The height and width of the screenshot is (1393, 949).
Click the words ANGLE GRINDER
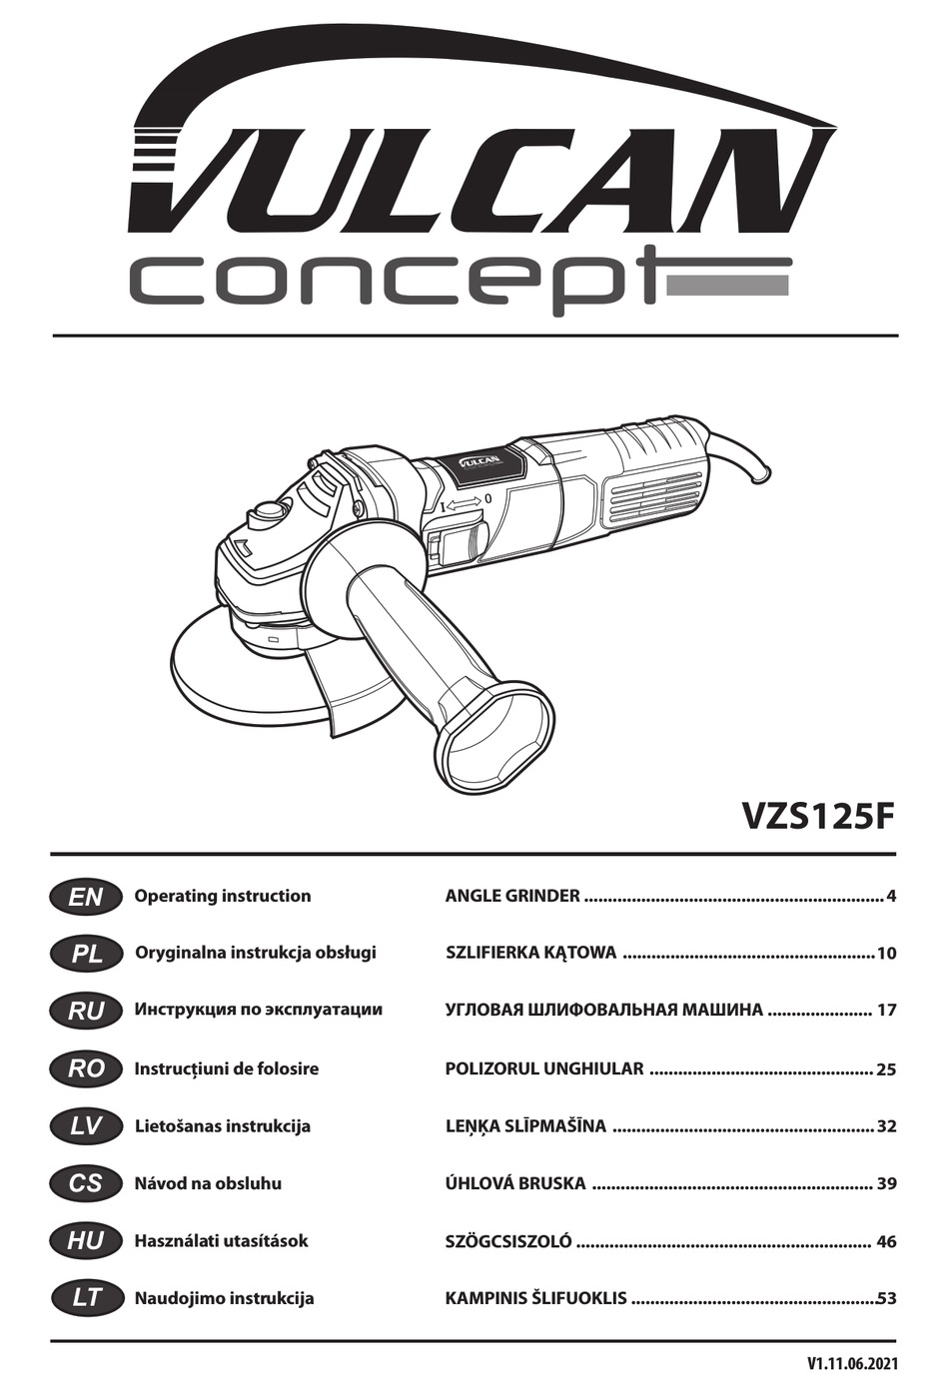(512, 896)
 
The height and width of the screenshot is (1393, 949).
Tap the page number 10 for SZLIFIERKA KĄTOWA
(887, 954)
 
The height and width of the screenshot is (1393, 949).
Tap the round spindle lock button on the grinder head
(270, 510)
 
